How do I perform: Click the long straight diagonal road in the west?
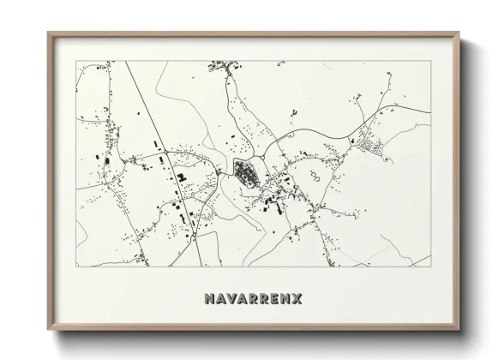pos(154,129)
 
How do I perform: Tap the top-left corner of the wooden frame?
pos(48,33)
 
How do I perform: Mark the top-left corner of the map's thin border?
pos(76,63)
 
